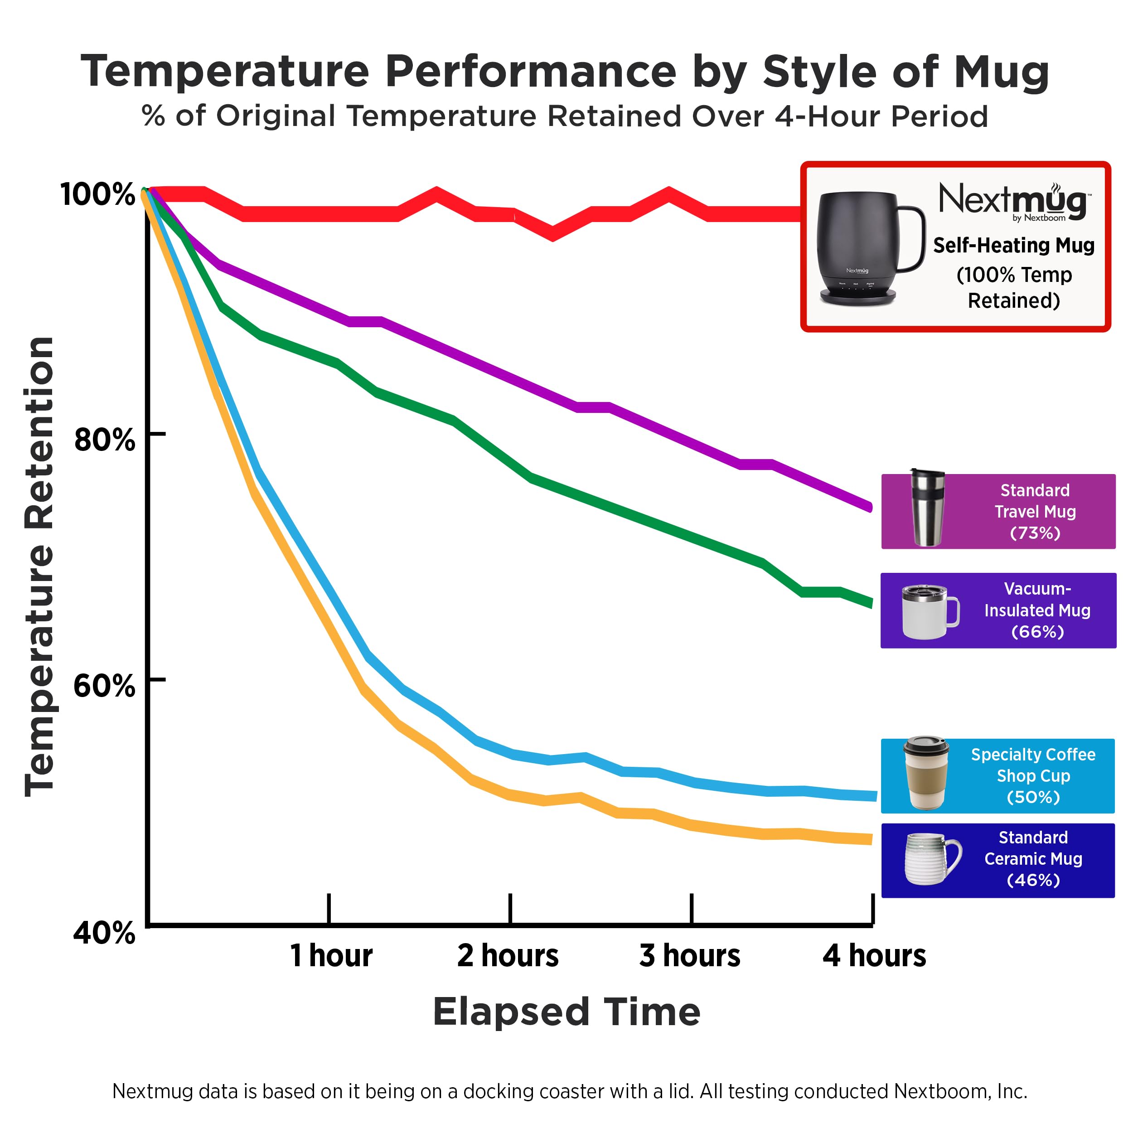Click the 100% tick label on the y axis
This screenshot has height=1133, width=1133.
[x=97, y=194]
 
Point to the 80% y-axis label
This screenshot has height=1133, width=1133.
[x=104, y=440]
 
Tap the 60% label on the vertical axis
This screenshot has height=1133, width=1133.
[x=104, y=686]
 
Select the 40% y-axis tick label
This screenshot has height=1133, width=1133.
[x=104, y=932]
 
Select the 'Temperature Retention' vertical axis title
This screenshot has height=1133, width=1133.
[x=40, y=566]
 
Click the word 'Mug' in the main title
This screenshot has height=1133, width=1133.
[x=1001, y=72]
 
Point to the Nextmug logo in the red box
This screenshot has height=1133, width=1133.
[x=1014, y=202]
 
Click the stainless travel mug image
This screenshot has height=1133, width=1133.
[x=927, y=508]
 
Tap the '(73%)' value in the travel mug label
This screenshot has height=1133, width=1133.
[x=1035, y=533]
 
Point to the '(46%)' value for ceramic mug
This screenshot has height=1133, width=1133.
[x=1033, y=880]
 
